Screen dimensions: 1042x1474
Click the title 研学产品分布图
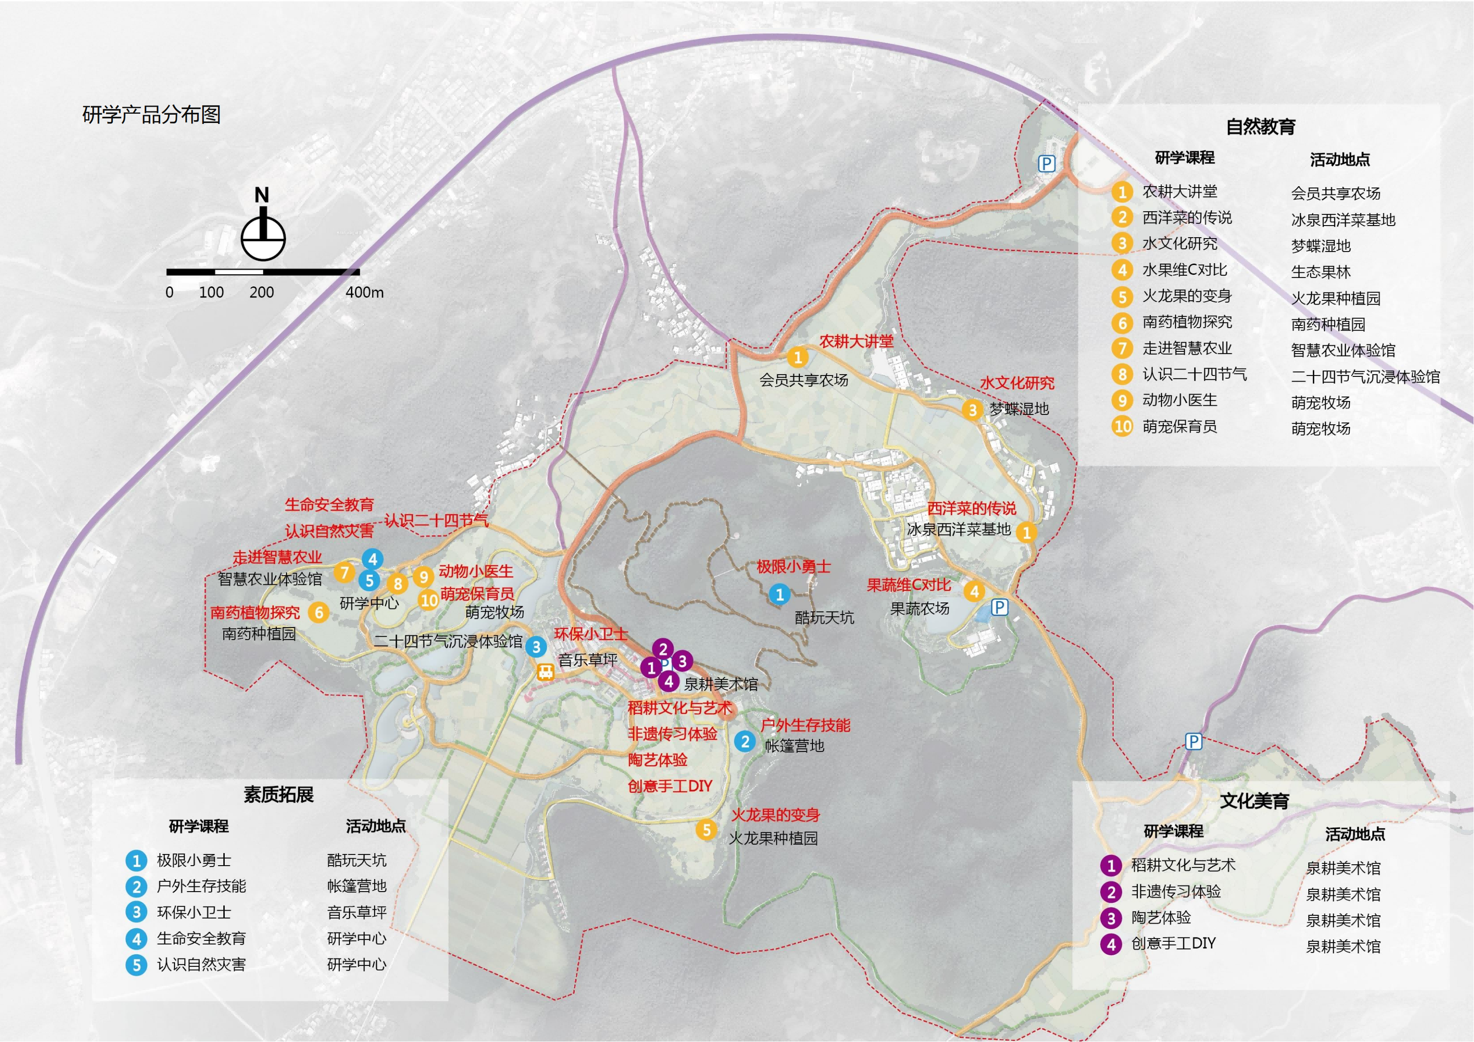(x=151, y=115)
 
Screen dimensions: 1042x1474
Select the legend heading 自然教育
(x=1260, y=126)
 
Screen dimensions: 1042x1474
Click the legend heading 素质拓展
(x=278, y=795)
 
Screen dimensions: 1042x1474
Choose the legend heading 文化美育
(x=1254, y=801)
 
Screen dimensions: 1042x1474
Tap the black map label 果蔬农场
(x=919, y=608)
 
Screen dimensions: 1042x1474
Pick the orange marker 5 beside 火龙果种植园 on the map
(x=706, y=829)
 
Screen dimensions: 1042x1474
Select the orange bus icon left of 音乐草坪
(x=545, y=672)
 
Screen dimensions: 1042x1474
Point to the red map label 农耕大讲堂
(x=857, y=342)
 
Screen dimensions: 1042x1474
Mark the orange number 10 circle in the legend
(x=1122, y=426)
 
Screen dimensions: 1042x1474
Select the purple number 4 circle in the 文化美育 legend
(x=1110, y=945)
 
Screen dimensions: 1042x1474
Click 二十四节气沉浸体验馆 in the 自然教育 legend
(x=1365, y=377)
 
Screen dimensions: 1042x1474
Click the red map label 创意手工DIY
(x=669, y=786)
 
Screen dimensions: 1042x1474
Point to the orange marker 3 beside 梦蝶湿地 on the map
(x=973, y=410)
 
